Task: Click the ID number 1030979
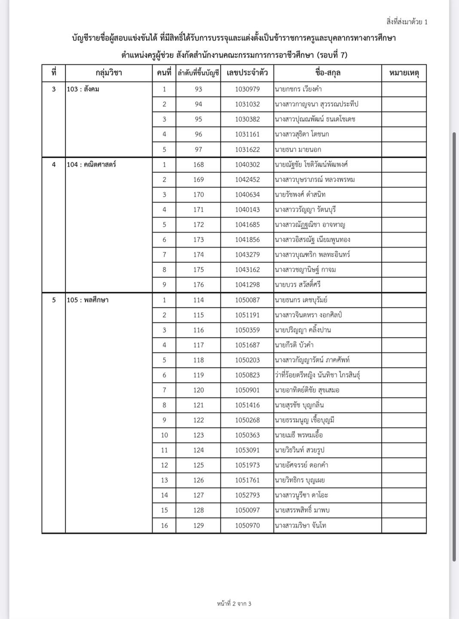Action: point(247,89)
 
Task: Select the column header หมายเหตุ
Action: point(404,73)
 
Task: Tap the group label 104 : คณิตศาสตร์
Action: point(92,164)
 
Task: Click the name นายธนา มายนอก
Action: point(298,149)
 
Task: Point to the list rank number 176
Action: point(198,285)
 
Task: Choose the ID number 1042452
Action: point(247,179)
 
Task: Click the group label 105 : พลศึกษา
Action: point(88,300)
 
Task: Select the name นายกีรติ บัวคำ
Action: point(294,345)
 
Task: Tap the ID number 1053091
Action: point(247,450)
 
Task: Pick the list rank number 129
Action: point(198,525)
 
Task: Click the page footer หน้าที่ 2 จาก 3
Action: point(234,604)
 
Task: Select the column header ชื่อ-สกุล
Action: point(327,73)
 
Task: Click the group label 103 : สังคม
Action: point(83,89)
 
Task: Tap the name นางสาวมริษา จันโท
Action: point(300,525)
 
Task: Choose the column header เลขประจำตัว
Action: point(247,73)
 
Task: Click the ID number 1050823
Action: point(247,375)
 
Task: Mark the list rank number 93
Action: point(198,89)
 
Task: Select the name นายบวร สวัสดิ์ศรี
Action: point(298,285)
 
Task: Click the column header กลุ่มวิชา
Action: point(109,73)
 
